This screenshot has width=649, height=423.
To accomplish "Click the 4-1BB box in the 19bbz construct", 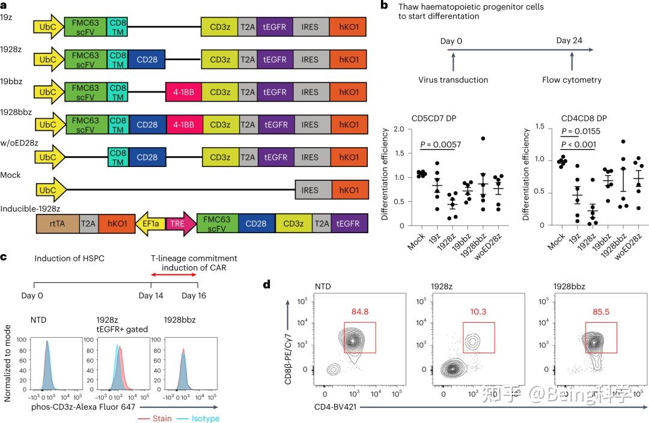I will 183,92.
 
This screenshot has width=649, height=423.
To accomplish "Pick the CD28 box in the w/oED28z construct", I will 147,157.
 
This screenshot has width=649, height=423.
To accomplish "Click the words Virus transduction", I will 454,79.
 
